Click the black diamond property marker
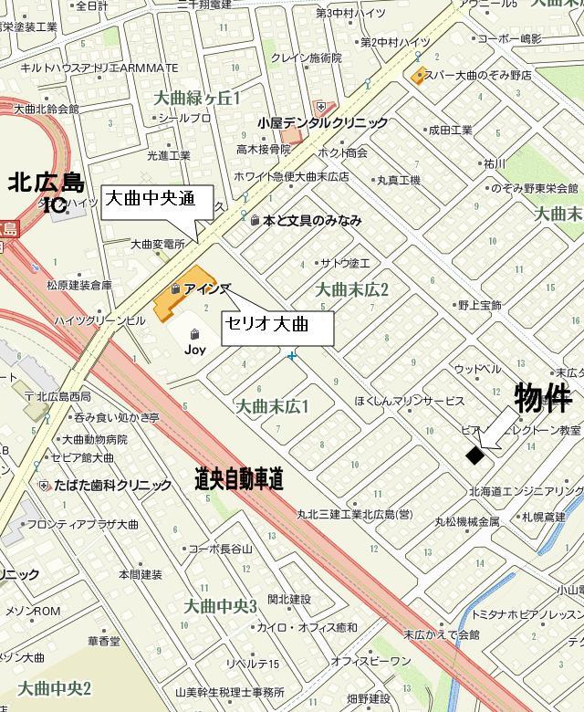pyautogui.click(x=474, y=455)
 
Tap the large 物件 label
pyautogui.click(x=543, y=398)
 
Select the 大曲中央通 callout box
pyautogui.click(x=157, y=198)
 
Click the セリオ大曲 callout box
pyautogui.click(x=278, y=325)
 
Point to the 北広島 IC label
pyautogui.click(x=45, y=192)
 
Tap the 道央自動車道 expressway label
pyautogui.click(x=239, y=478)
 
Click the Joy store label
pyautogui.click(x=194, y=349)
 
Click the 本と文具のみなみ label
pyautogui.click(x=311, y=220)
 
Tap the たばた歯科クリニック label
pyautogui.click(x=111, y=486)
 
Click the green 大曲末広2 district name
pyautogui.click(x=352, y=289)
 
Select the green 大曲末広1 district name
pyautogui.click(x=273, y=404)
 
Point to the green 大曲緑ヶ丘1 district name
pyautogui.click(x=197, y=97)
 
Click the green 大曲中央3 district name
pyautogui.click(x=221, y=605)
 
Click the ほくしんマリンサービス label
pyautogui.click(x=410, y=401)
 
